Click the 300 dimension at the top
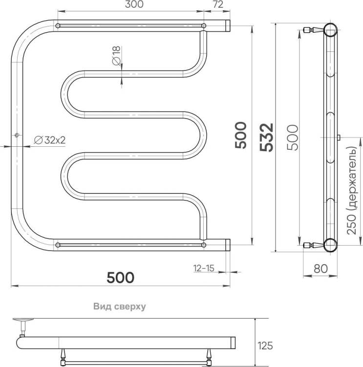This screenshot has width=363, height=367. point(134,4)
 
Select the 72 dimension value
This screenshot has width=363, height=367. point(218,4)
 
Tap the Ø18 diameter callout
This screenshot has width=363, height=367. point(116,56)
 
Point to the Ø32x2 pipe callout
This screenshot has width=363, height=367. point(50,140)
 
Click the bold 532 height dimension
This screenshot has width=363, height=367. point(266,138)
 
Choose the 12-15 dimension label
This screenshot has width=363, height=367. point(204,268)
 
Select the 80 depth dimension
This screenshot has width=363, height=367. point(320,269)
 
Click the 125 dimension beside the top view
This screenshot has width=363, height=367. point(265,345)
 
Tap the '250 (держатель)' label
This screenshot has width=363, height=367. point(352,190)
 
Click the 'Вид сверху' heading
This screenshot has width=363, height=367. point(119,306)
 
